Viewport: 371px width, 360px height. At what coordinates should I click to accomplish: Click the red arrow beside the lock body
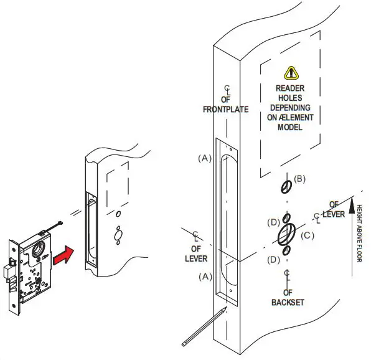pyautogui.click(x=63, y=255)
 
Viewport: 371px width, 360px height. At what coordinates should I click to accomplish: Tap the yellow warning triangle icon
pyautogui.click(x=291, y=73)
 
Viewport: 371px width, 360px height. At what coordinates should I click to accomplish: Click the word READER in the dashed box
pyautogui.click(x=290, y=88)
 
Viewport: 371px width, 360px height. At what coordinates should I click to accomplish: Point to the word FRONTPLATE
pyautogui.click(x=226, y=110)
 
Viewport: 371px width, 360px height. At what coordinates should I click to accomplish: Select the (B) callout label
pyautogui.click(x=300, y=179)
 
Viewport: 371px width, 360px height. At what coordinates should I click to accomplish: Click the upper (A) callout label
pyautogui.click(x=205, y=159)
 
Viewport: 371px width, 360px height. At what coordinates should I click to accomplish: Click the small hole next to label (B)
pyautogui.click(x=286, y=186)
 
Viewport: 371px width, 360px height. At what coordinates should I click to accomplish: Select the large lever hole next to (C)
pyautogui.click(x=287, y=234)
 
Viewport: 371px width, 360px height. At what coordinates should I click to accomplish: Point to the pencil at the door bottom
pyautogui.click(x=203, y=328)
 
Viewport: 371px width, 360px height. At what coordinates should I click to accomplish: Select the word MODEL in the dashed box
pyautogui.click(x=290, y=127)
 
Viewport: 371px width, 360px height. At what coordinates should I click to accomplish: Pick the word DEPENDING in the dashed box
pyautogui.click(x=290, y=108)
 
